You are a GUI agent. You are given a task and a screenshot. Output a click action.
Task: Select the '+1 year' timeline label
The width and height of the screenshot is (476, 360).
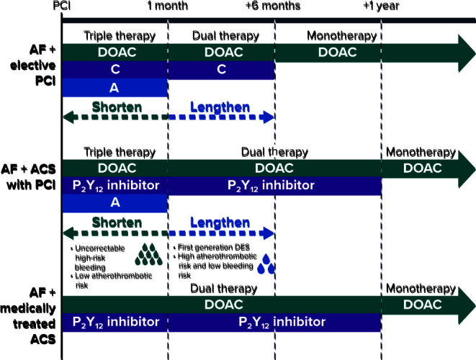[x=381, y=6]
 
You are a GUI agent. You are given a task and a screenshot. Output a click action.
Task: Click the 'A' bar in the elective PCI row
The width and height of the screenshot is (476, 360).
[x=114, y=86]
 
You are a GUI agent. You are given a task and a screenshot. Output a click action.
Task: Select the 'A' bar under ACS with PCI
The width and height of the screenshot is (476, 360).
[x=114, y=203]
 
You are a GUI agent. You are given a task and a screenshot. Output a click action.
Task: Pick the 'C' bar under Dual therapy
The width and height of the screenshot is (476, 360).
[x=221, y=70]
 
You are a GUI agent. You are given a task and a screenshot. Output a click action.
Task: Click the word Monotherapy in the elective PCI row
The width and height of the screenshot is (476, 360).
[x=341, y=36]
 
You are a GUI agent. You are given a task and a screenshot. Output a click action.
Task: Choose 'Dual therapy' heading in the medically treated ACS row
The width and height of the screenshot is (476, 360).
[x=221, y=288]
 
